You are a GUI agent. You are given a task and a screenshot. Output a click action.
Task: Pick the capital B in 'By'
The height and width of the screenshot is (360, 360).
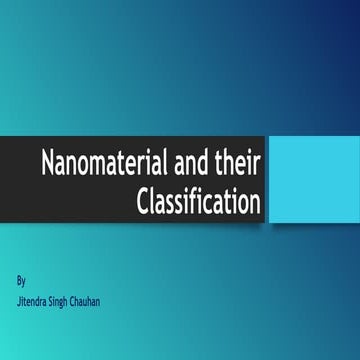pos(20,271)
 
